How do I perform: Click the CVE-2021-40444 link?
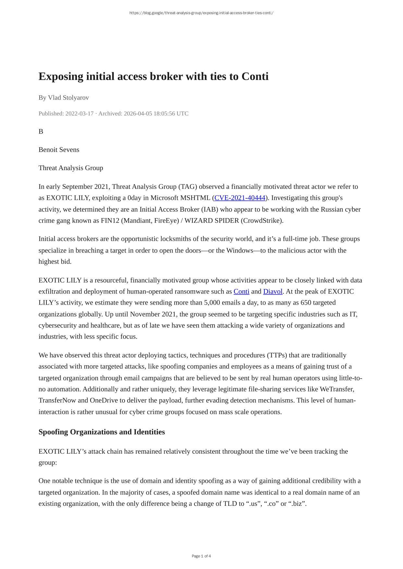(240, 198)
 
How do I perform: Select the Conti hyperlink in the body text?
(241, 292)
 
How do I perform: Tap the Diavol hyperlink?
(273, 292)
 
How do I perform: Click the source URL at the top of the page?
(201, 13)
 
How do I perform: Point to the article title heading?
(153, 76)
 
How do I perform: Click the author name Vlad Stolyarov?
(68, 98)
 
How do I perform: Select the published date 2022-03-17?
(79, 114)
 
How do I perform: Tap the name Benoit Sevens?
(59, 150)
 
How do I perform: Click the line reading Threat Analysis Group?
(71, 168)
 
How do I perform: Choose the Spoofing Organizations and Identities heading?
(102, 432)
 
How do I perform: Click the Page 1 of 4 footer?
(201, 556)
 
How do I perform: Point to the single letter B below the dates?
(41, 132)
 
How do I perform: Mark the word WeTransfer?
(336, 389)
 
